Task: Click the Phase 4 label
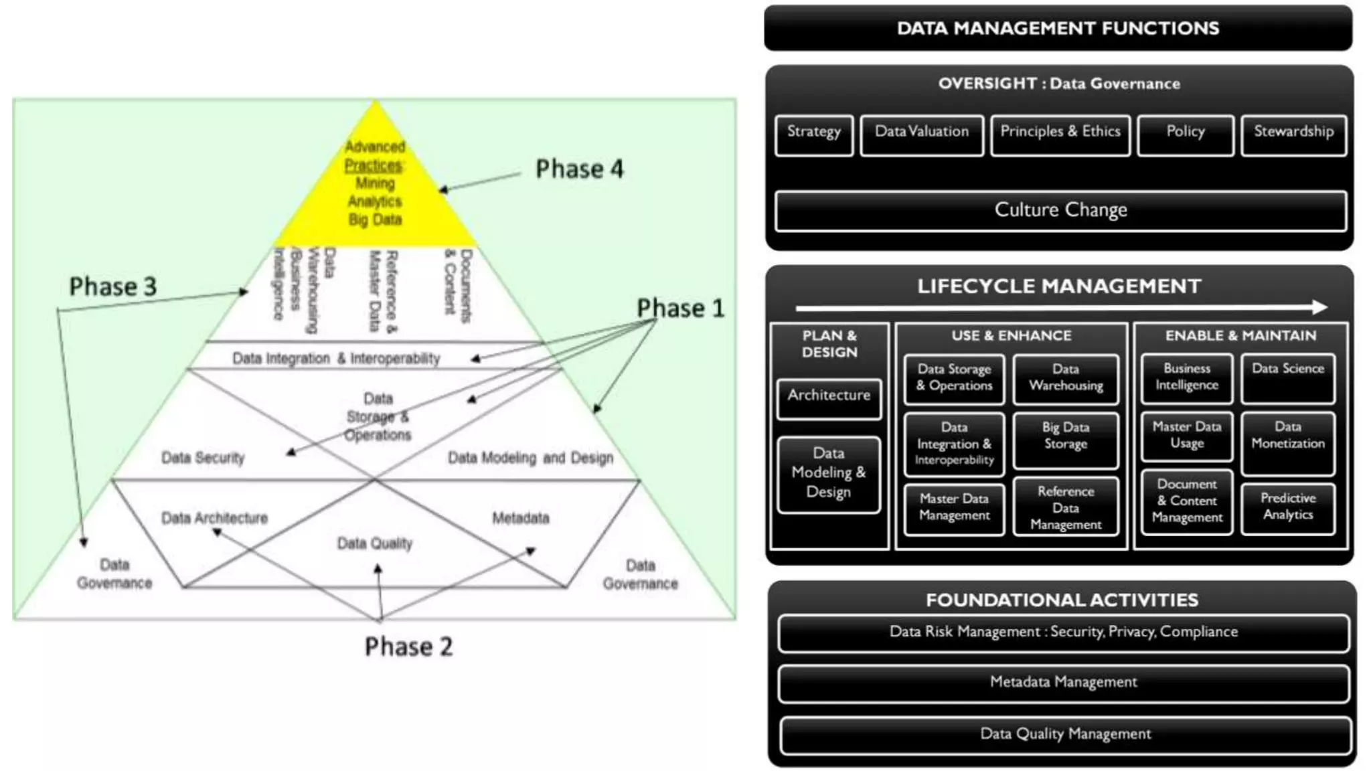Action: coord(579,169)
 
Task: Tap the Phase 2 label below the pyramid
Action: coord(408,647)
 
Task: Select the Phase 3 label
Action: coord(112,286)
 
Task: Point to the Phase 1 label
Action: coord(680,309)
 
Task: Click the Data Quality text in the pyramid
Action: coord(374,543)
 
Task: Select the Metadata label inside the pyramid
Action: coord(520,518)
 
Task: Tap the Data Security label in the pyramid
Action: coord(203,458)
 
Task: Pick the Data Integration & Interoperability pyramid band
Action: coord(336,358)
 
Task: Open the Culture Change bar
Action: coord(1060,211)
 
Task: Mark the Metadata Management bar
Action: coord(1063,683)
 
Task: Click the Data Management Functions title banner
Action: coord(1058,28)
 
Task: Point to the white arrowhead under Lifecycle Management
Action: coord(1319,307)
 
